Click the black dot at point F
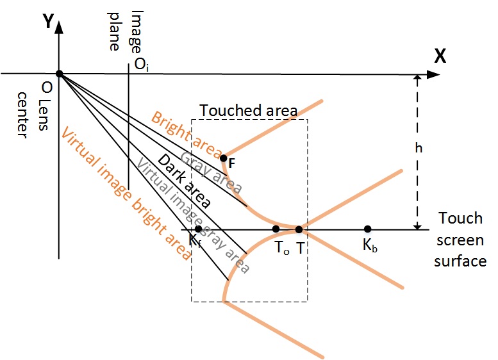pos(224,158)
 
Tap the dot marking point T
pos(299,229)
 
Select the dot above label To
pos(276,229)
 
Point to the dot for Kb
pos(367,229)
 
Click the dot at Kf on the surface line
pos(198,229)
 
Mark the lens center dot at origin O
pos(60,74)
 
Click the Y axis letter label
pos(48,22)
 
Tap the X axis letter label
pos(440,56)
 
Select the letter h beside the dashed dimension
pos(419,148)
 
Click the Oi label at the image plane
pos(142,64)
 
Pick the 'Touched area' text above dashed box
pos(249,110)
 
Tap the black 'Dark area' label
pos(184,181)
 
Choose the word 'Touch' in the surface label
pos(460,218)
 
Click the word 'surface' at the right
pos(460,261)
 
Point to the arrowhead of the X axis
pos(433,74)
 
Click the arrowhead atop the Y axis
pos(59,27)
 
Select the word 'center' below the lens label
pos(22,115)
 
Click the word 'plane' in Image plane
pos(113,31)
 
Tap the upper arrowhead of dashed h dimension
pos(418,78)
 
